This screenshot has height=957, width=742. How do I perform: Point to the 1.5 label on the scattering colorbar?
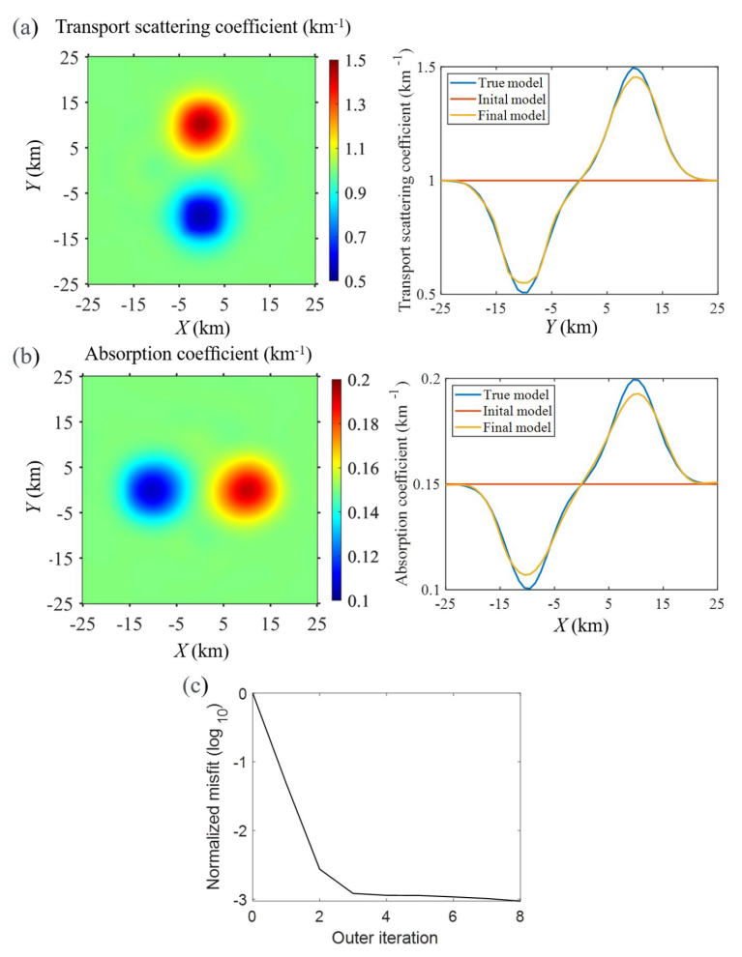pos(354,61)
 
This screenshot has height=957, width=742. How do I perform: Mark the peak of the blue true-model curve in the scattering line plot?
pos(634,68)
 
